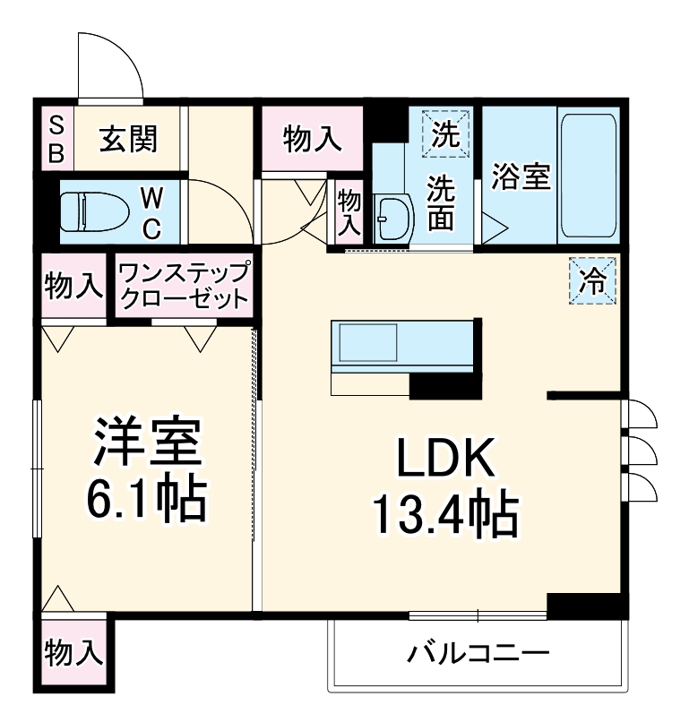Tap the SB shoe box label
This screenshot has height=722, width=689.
tap(56, 138)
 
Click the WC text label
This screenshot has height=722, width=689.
tap(152, 212)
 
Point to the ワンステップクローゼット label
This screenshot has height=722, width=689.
tap(182, 286)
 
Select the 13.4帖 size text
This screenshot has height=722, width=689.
tap(444, 517)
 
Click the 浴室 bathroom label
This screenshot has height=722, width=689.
tap(521, 176)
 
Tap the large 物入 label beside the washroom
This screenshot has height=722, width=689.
tap(313, 139)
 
